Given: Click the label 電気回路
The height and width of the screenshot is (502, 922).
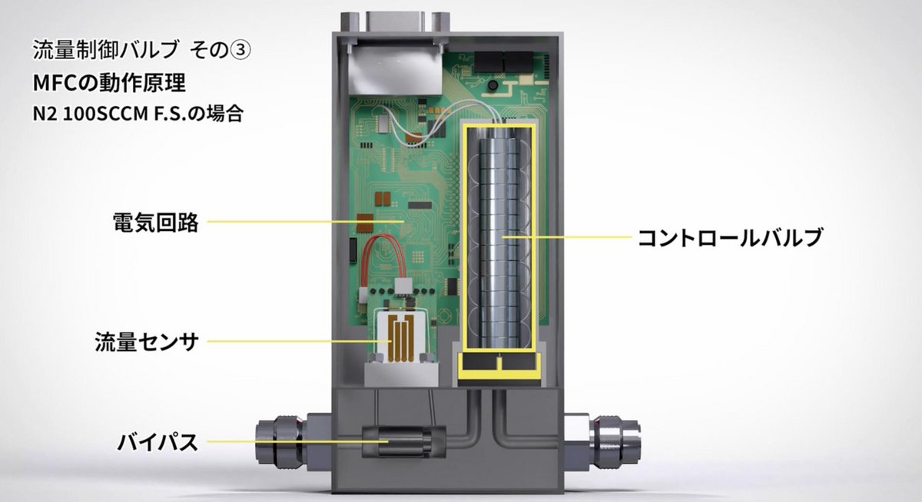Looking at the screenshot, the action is coord(155,223).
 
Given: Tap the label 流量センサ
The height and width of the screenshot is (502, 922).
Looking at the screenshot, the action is coord(147,342).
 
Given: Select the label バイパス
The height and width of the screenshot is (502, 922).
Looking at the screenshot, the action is coord(158,442).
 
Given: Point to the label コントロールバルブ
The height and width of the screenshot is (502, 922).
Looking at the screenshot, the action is coord(730,237).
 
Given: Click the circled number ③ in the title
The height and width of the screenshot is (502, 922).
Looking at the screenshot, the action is coord(239,51).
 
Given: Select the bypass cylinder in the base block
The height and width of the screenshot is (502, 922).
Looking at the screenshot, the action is coord(404,442).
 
